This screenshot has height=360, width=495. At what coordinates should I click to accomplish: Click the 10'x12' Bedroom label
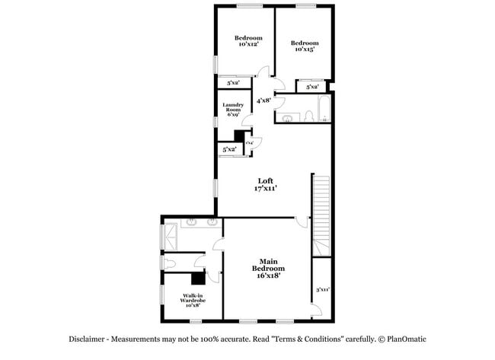[x=248, y=41]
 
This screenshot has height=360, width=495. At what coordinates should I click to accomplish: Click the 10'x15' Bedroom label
[x=304, y=46]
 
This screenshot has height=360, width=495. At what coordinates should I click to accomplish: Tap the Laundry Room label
[x=232, y=109]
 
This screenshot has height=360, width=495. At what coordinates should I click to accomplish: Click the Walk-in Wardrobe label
[x=193, y=300]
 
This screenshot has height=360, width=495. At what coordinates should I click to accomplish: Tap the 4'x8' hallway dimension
[x=264, y=100]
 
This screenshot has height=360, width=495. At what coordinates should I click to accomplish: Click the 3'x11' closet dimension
[x=322, y=289]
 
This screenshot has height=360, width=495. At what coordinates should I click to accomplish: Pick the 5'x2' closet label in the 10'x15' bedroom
[x=312, y=88]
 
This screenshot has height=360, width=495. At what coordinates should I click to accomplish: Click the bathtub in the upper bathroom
[x=323, y=110]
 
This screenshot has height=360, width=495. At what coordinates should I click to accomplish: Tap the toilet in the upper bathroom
[x=308, y=116]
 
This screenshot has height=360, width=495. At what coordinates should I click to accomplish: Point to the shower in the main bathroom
[x=171, y=234]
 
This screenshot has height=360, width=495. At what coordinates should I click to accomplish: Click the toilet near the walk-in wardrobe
[x=171, y=262]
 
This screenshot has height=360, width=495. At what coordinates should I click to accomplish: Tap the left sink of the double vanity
[x=191, y=224]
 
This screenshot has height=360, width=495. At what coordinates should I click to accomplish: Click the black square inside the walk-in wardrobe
[x=199, y=279]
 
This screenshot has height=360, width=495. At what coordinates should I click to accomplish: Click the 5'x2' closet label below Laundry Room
[x=228, y=150]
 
